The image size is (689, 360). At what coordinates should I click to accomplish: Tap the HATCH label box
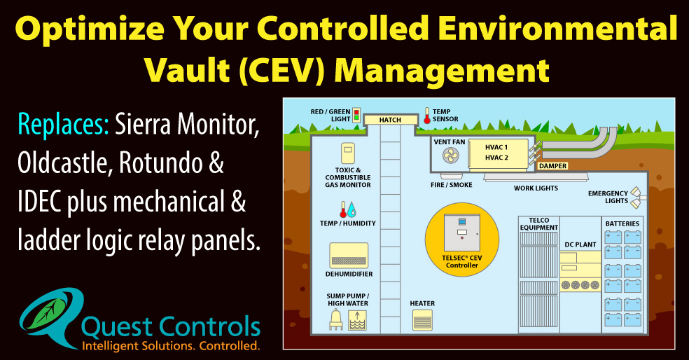[x=390, y=120]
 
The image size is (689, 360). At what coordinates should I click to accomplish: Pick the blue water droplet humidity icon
[x=352, y=209]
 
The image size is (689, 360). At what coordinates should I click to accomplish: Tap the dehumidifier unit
[x=347, y=257]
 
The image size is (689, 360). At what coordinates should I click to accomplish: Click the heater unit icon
[x=422, y=321]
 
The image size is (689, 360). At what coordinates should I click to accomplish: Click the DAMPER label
[x=552, y=166]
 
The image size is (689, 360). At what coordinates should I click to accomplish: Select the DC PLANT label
[x=579, y=244]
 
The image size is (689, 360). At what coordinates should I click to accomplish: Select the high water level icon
[x=357, y=320]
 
